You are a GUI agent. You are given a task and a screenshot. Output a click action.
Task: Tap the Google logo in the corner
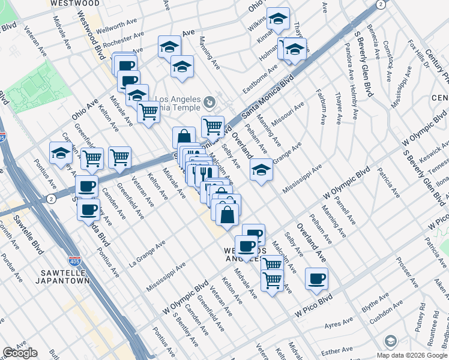tap(20, 353)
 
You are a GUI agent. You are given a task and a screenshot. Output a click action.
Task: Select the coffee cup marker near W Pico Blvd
tap(316, 278)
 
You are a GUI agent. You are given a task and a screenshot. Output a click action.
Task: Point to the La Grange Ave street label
tap(146, 256)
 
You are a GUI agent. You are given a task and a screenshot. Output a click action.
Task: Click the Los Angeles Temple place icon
tap(209, 100)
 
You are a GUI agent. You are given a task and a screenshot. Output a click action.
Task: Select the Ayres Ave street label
tap(339, 325)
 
